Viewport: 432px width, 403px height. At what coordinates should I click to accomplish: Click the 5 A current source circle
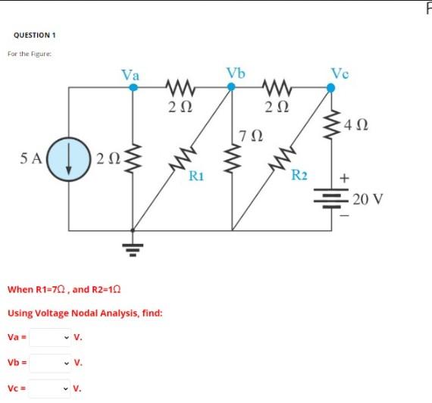click(x=69, y=160)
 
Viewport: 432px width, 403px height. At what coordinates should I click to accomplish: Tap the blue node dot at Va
click(x=133, y=87)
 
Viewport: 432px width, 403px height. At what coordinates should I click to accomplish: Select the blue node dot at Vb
click(x=233, y=87)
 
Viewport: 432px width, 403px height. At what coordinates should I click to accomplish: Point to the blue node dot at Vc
click(x=330, y=87)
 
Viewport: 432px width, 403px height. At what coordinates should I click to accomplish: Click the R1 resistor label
click(x=196, y=176)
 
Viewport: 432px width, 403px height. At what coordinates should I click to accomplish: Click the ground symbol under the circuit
click(x=134, y=245)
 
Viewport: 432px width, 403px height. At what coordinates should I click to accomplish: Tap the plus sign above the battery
click(x=346, y=177)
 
